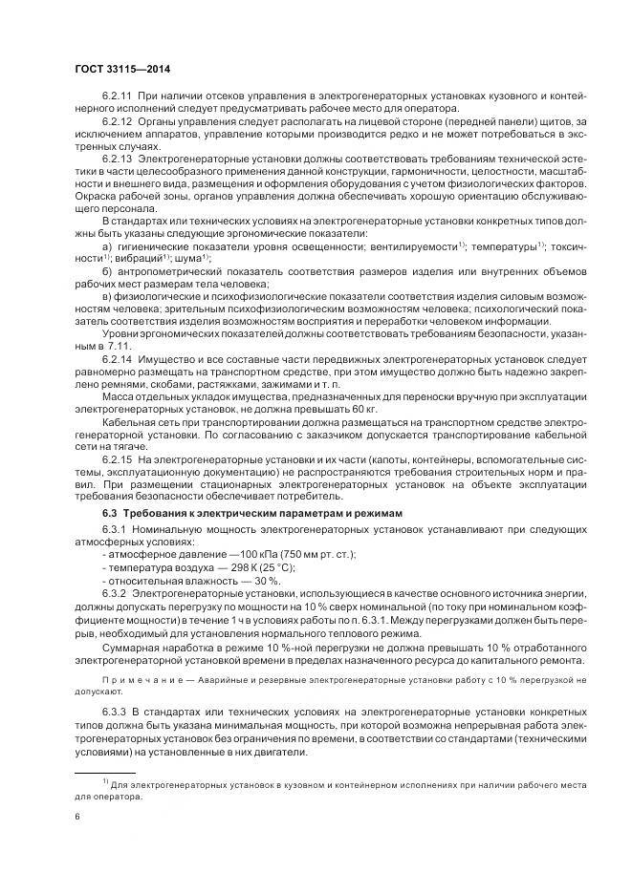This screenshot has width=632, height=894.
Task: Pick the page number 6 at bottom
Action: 77,817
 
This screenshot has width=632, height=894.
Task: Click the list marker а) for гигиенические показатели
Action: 105,245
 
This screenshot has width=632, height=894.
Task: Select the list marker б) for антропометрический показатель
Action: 105,271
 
